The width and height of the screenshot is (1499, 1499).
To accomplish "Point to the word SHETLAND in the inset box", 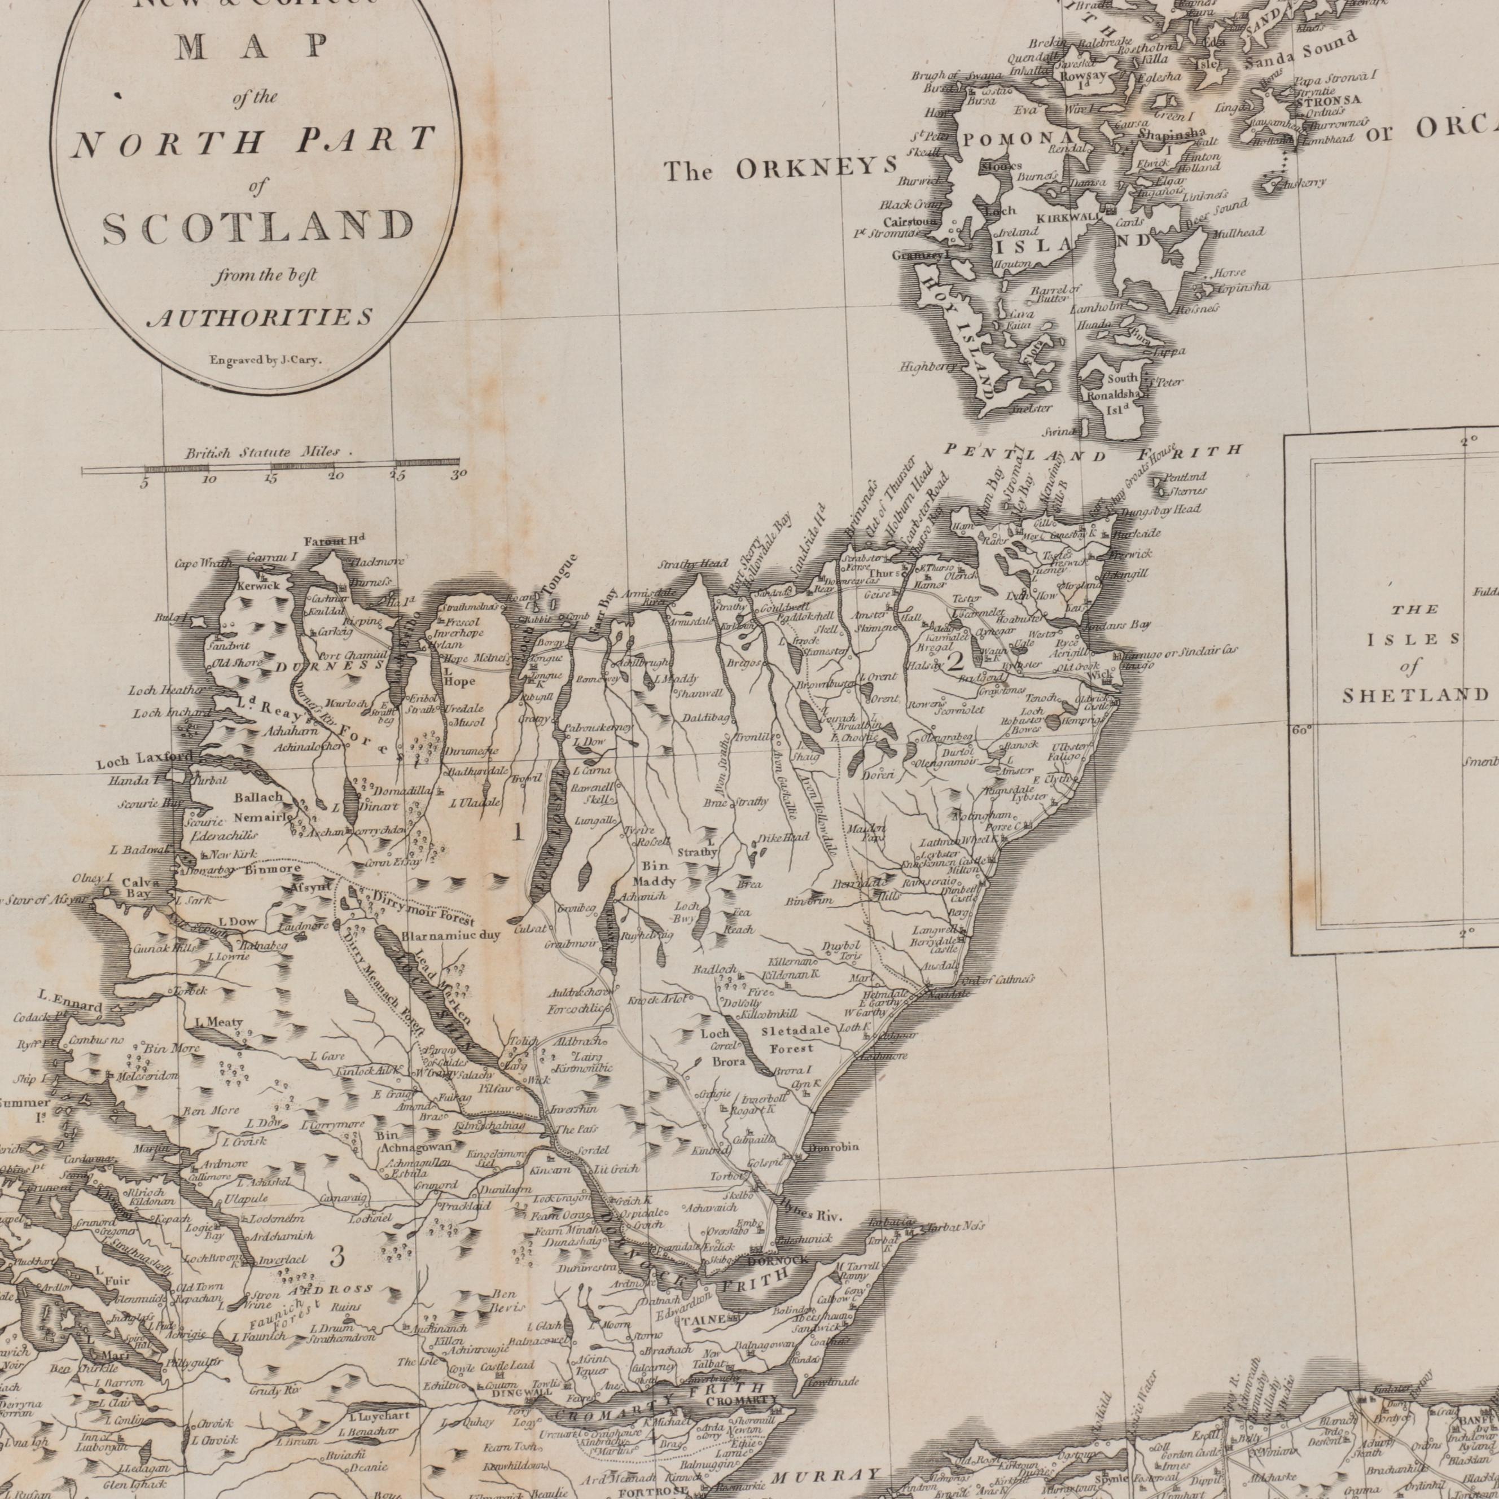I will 1415,694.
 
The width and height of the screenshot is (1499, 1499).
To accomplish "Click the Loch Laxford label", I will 143,762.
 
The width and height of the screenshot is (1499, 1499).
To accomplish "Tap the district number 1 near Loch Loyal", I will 518,835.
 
